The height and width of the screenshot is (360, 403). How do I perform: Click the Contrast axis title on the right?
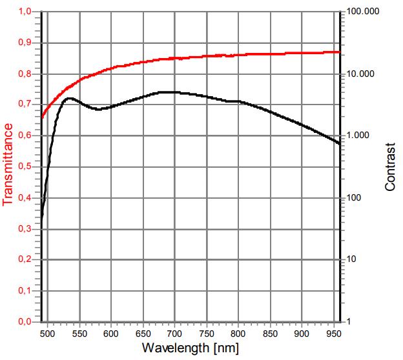[390, 167]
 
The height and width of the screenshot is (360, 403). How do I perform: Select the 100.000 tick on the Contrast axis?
[360, 12]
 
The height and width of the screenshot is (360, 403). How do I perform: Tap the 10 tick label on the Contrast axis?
[352, 259]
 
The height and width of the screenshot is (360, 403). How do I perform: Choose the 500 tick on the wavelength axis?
[48, 334]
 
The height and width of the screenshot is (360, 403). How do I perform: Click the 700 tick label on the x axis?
[174, 334]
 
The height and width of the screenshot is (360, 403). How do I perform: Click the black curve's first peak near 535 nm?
[68, 98]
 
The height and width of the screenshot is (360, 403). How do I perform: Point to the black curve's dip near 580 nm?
[98, 109]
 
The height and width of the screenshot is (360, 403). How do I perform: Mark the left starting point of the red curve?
[42, 118]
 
